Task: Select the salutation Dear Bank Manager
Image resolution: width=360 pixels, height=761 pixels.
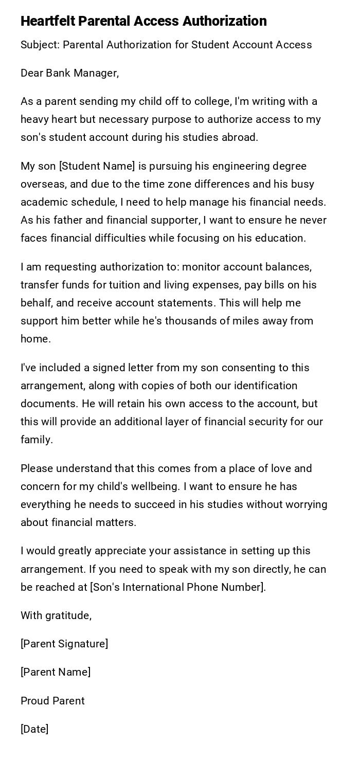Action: [x=69, y=73]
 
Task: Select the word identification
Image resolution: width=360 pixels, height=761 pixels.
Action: [x=264, y=386]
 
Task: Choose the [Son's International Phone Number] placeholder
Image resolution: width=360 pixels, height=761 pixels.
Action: [x=178, y=587]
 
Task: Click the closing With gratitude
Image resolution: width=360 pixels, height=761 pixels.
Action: [x=56, y=615]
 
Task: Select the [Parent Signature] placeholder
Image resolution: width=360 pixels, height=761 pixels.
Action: [x=64, y=644]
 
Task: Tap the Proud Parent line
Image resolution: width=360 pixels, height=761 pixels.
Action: [x=52, y=701]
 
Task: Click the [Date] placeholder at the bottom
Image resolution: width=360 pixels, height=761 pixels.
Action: [x=34, y=729]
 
